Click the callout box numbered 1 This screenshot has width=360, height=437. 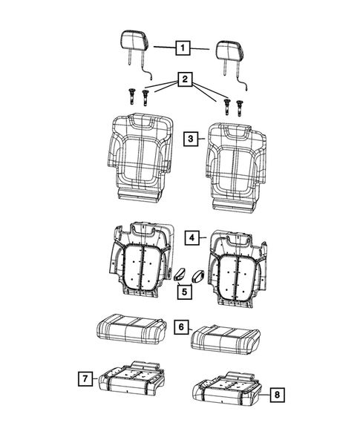(x=180, y=48)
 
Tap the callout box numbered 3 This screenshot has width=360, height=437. (x=191, y=139)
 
